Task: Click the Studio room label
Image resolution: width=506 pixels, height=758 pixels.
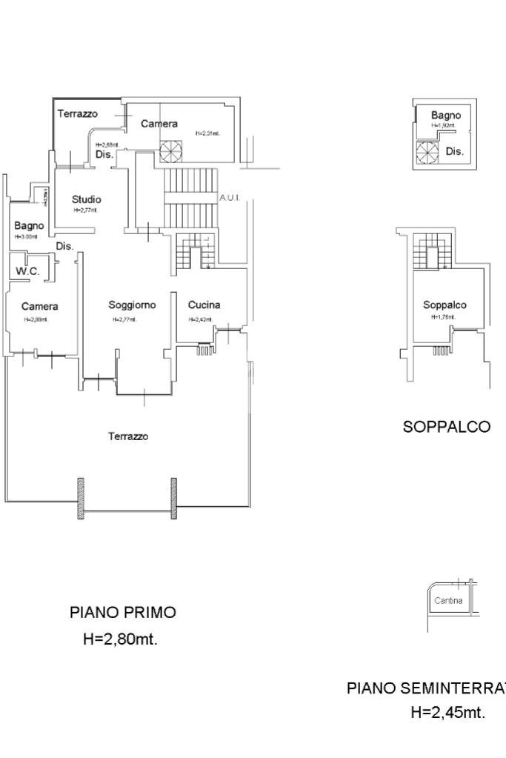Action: click(x=87, y=199)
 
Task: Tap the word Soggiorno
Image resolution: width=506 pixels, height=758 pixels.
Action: click(x=132, y=305)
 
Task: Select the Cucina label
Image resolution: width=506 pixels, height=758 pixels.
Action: click(x=204, y=305)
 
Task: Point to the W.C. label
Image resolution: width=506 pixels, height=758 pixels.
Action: click(x=27, y=272)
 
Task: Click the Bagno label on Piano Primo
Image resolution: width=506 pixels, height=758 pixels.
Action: click(x=29, y=225)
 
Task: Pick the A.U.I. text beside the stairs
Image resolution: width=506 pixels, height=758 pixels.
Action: click(x=229, y=199)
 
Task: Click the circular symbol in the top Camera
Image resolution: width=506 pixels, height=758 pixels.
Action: click(x=170, y=150)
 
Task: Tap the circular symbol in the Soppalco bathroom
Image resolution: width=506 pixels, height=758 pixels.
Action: click(x=427, y=153)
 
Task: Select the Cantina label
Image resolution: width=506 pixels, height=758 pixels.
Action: click(x=449, y=600)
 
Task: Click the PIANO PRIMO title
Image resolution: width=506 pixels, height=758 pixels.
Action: click(x=123, y=613)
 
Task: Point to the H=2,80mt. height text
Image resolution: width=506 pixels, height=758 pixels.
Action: click(x=120, y=639)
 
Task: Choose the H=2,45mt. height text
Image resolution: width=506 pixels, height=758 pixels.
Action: click(x=447, y=713)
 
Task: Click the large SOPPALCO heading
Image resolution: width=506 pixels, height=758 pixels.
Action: click(x=446, y=427)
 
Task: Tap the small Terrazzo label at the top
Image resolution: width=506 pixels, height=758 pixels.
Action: click(x=78, y=113)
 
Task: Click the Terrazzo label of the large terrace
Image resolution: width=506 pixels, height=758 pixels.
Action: click(x=128, y=436)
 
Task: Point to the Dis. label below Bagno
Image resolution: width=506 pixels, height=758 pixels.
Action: click(x=65, y=246)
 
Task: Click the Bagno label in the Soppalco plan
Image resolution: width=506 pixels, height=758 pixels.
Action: click(x=446, y=116)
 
